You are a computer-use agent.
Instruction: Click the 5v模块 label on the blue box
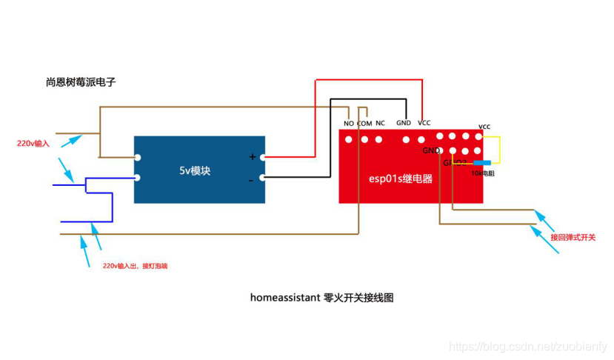195,170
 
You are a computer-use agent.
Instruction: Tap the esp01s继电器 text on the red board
401,179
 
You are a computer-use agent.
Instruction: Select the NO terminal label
348,124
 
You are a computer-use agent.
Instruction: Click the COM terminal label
364,124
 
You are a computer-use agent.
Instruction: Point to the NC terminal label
380,123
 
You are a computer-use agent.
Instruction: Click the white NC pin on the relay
378,139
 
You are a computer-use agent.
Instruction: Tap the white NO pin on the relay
348,139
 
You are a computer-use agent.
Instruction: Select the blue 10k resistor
482,163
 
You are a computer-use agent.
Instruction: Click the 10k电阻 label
482,173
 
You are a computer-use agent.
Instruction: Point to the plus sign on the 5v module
252,157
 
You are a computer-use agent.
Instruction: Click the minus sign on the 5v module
251,180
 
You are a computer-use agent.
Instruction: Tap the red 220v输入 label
34,143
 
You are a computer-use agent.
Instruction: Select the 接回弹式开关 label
573,238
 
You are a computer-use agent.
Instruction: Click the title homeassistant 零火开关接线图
321,298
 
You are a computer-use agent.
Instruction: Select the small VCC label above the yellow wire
484,127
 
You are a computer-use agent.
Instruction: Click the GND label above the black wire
403,123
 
